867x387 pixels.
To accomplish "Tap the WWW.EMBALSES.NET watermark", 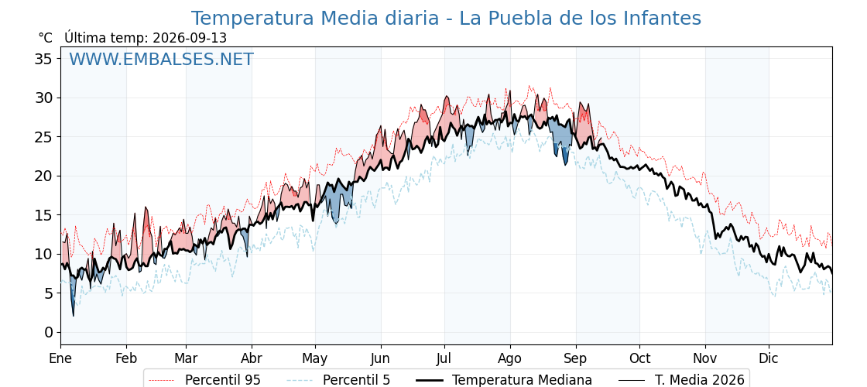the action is (x=161, y=59).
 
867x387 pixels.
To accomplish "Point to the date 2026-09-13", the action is (x=190, y=38).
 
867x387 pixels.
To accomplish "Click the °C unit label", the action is (x=46, y=38).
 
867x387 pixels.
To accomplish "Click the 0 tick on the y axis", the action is (x=50, y=332).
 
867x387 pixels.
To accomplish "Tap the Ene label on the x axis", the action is (x=60, y=358).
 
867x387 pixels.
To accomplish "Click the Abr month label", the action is (x=252, y=358).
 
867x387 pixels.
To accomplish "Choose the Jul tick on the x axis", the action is (x=444, y=358).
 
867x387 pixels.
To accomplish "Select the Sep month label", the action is (x=576, y=359).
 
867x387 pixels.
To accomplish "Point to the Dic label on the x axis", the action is (x=769, y=358).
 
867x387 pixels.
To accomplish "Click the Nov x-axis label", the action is (x=705, y=358).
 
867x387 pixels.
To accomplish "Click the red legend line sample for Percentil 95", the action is (x=162, y=380).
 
